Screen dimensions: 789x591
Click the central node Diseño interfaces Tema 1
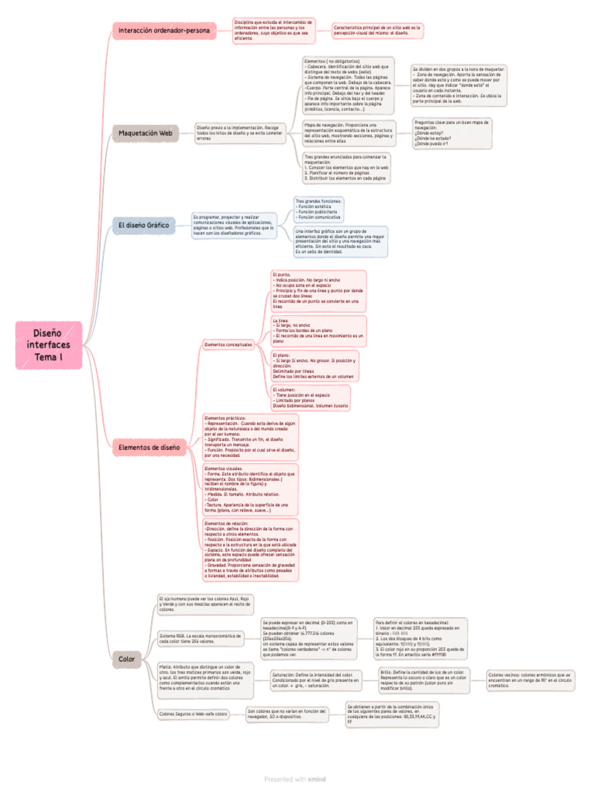pyautogui.click(x=51, y=344)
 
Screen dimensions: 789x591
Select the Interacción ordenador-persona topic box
pyautogui.click(x=164, y=31)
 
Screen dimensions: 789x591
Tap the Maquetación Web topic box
pyautogui.click(x=145, y=133)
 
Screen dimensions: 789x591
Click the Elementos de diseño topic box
pyautogui.click(x=149, y=447)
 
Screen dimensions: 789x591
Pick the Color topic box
pyautogui.click(x=127, y=659)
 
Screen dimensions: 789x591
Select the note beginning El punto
pyautogui.click(x=318, y=290)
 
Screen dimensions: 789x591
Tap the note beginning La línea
pyautogui.click(x=318, y=330)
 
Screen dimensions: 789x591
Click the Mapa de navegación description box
pyautogui.click(x=348, y=133)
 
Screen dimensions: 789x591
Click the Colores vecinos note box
pyautogui.click(x=530, y=679)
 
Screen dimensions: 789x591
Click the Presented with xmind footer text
pyautogui.click(x=295, y=779)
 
